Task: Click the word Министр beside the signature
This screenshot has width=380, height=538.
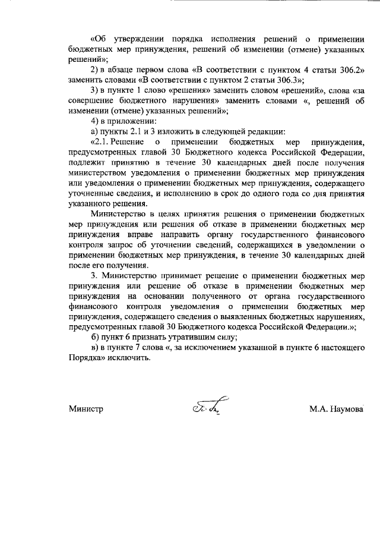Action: point(85,410)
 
